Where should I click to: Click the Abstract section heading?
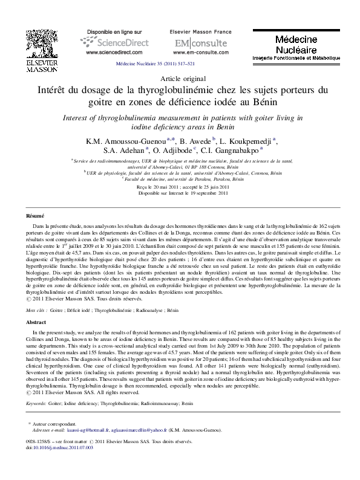pyautogui.click(x=35, y=323)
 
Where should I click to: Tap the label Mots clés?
pyautogui.click(x=37, y=309)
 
